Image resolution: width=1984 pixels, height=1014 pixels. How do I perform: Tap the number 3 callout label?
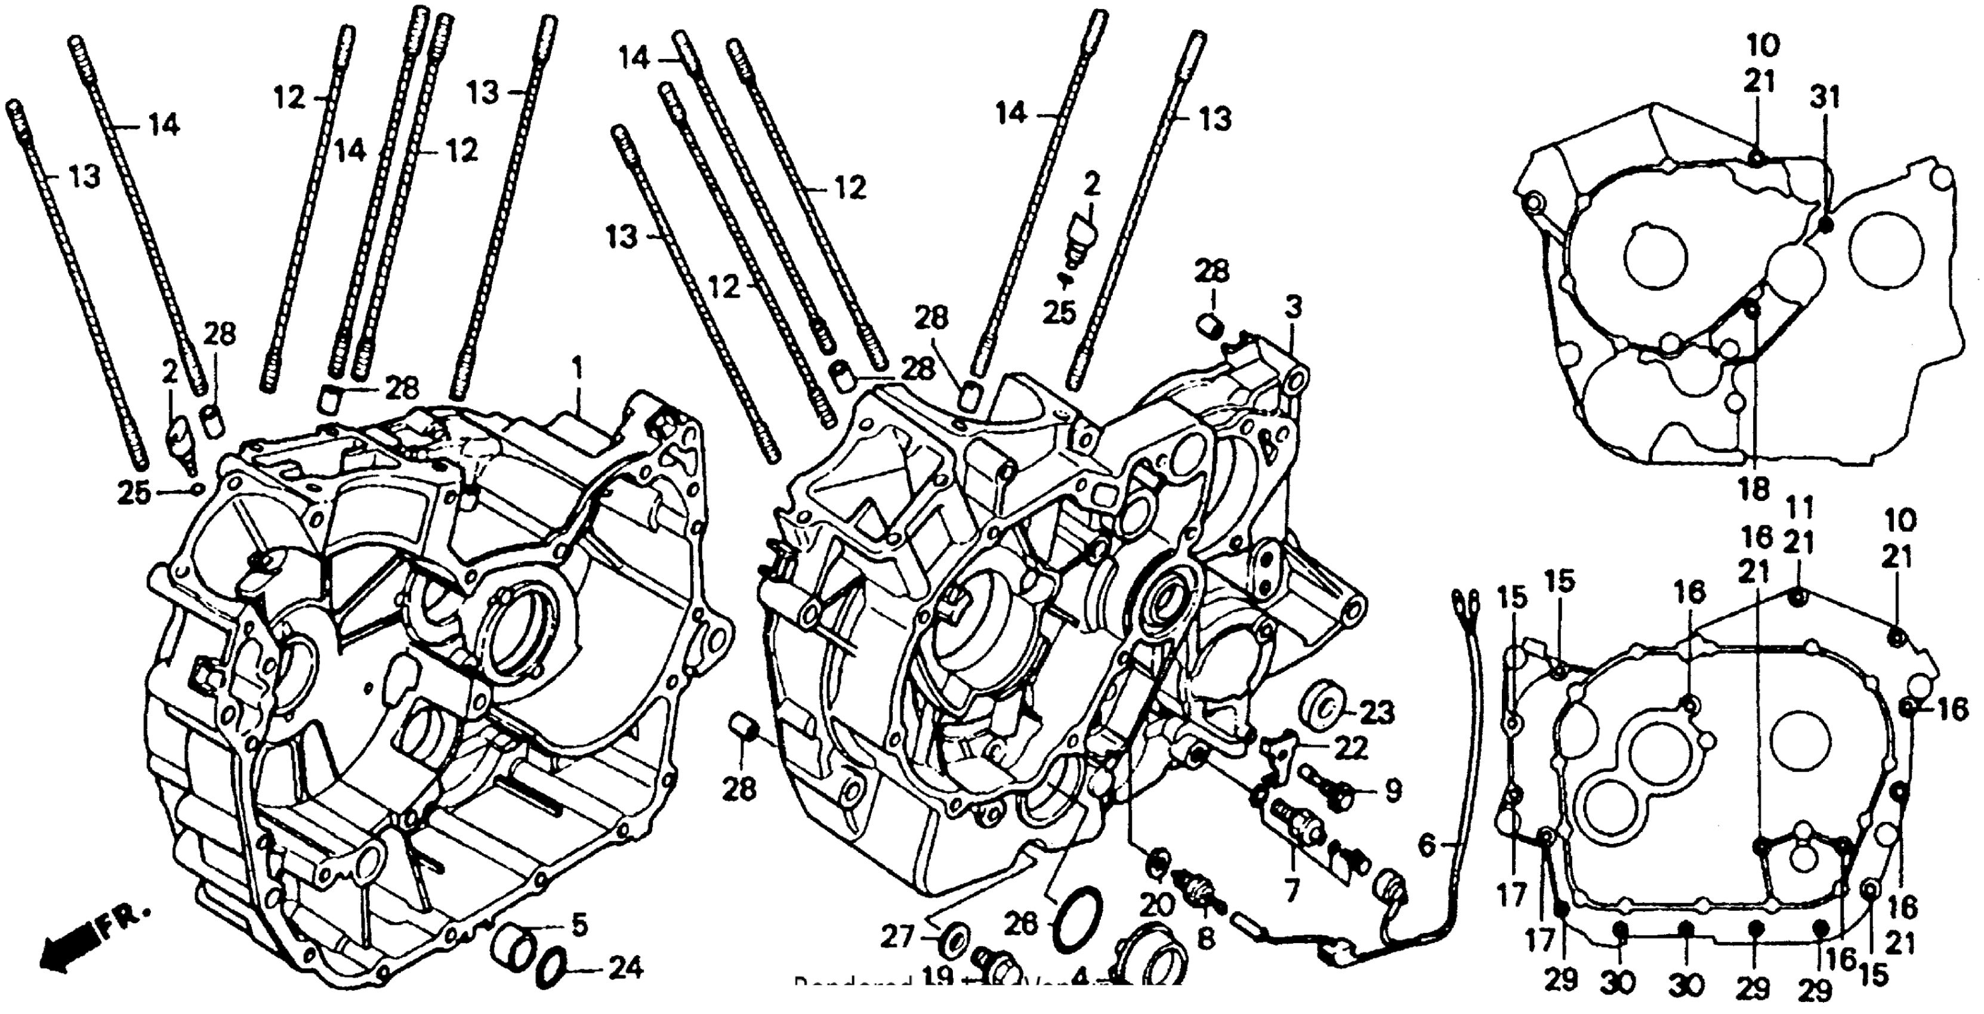[1293, 307]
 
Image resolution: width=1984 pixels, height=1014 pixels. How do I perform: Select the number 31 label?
[1825, 98]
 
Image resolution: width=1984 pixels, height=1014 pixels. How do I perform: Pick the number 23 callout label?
[1377, 713]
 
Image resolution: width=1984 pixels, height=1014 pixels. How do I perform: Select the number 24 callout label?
[625, 969]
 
